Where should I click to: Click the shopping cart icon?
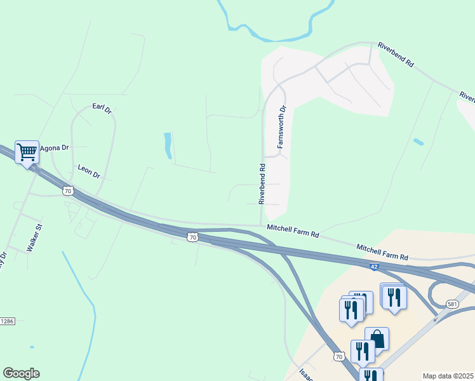pyautogui.click(x=27, y=152)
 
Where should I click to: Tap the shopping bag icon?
pyautogui.click(x=377, y=338)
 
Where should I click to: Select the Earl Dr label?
pyautogui.click(x=102, y=109)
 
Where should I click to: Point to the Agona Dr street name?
pyautogui.click(x=54, y=148)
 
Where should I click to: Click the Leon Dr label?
pyautogui.click(x=89, y=171)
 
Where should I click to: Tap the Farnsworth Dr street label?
pyautogui.click(x=283, y=127)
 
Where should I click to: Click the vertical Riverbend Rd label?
pyautogui.click(x=261, y=184)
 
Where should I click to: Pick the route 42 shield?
pyautogui.click(x=376, y=267)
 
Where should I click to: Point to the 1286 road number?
pyautogui.click(x=6, y=321)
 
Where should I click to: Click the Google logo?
pyautogui.click(x=21, y=373)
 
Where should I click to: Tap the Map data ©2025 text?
pyautogui.click(x=448, y=376)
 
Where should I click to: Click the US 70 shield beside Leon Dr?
pyautogui.click(x=68, y=190)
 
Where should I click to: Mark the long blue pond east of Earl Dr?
pyautogui.click(x=168, y=145)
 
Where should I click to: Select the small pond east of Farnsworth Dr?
pyautogui.click(x=418, y=141)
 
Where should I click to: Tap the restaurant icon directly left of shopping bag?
pyautogui.click(x=362, y=351)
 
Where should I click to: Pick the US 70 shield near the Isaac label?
pyautogui.click(x=338, y=357)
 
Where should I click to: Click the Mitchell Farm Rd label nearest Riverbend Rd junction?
pyautogui.click(x=293, y=230)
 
